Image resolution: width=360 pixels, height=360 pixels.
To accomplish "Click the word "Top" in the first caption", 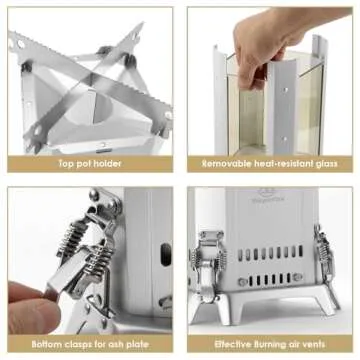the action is coord(66,164).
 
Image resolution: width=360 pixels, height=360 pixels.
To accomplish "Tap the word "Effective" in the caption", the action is coord(233,344).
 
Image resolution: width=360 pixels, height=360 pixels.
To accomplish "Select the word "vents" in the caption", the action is coord(312,344).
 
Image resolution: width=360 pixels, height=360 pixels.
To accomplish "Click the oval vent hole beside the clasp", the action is coord(166,254).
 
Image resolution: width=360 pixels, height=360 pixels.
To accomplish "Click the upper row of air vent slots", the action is coord(270,254).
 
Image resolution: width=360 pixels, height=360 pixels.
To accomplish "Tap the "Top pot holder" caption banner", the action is coord(90,164).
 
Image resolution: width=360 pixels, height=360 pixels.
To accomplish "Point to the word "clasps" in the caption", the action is coord(80,344).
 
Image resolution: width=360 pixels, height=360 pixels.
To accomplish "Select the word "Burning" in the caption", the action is coord(276,344).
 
